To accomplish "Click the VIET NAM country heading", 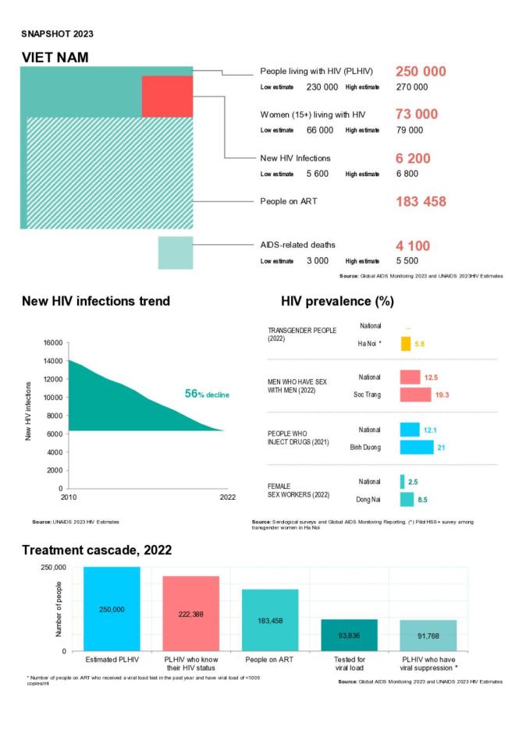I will pyautogui.click(x=55, y=58).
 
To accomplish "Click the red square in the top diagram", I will pyautogui.click(x=167, y=96).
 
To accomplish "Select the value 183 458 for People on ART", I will pyautogui.click(x=421, y=201).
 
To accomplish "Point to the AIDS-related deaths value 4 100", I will pyautogui.click(x=413, y=246).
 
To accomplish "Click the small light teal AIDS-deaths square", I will pyautogui.click(x=175, y=253).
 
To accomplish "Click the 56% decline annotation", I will pyautogui.click(x=207, y=395).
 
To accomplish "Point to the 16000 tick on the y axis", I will pyautogui.click(x=51, y=343).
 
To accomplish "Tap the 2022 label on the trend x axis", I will pyautogui.click(x=227, y=497).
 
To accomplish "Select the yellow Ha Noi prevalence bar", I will pyautogui.click(x=406, y=343).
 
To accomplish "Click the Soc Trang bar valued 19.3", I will pyautogui.click(x=415, y=395).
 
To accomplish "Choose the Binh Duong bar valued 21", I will pyautogui.click(x=416, y=448).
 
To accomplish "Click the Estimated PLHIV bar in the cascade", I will pyautogui.click(x=112, y=608).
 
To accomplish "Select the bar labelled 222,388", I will pyautogui.click(x=190, y=613).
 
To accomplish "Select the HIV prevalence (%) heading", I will pyautogui.click(x=337, y=301).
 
